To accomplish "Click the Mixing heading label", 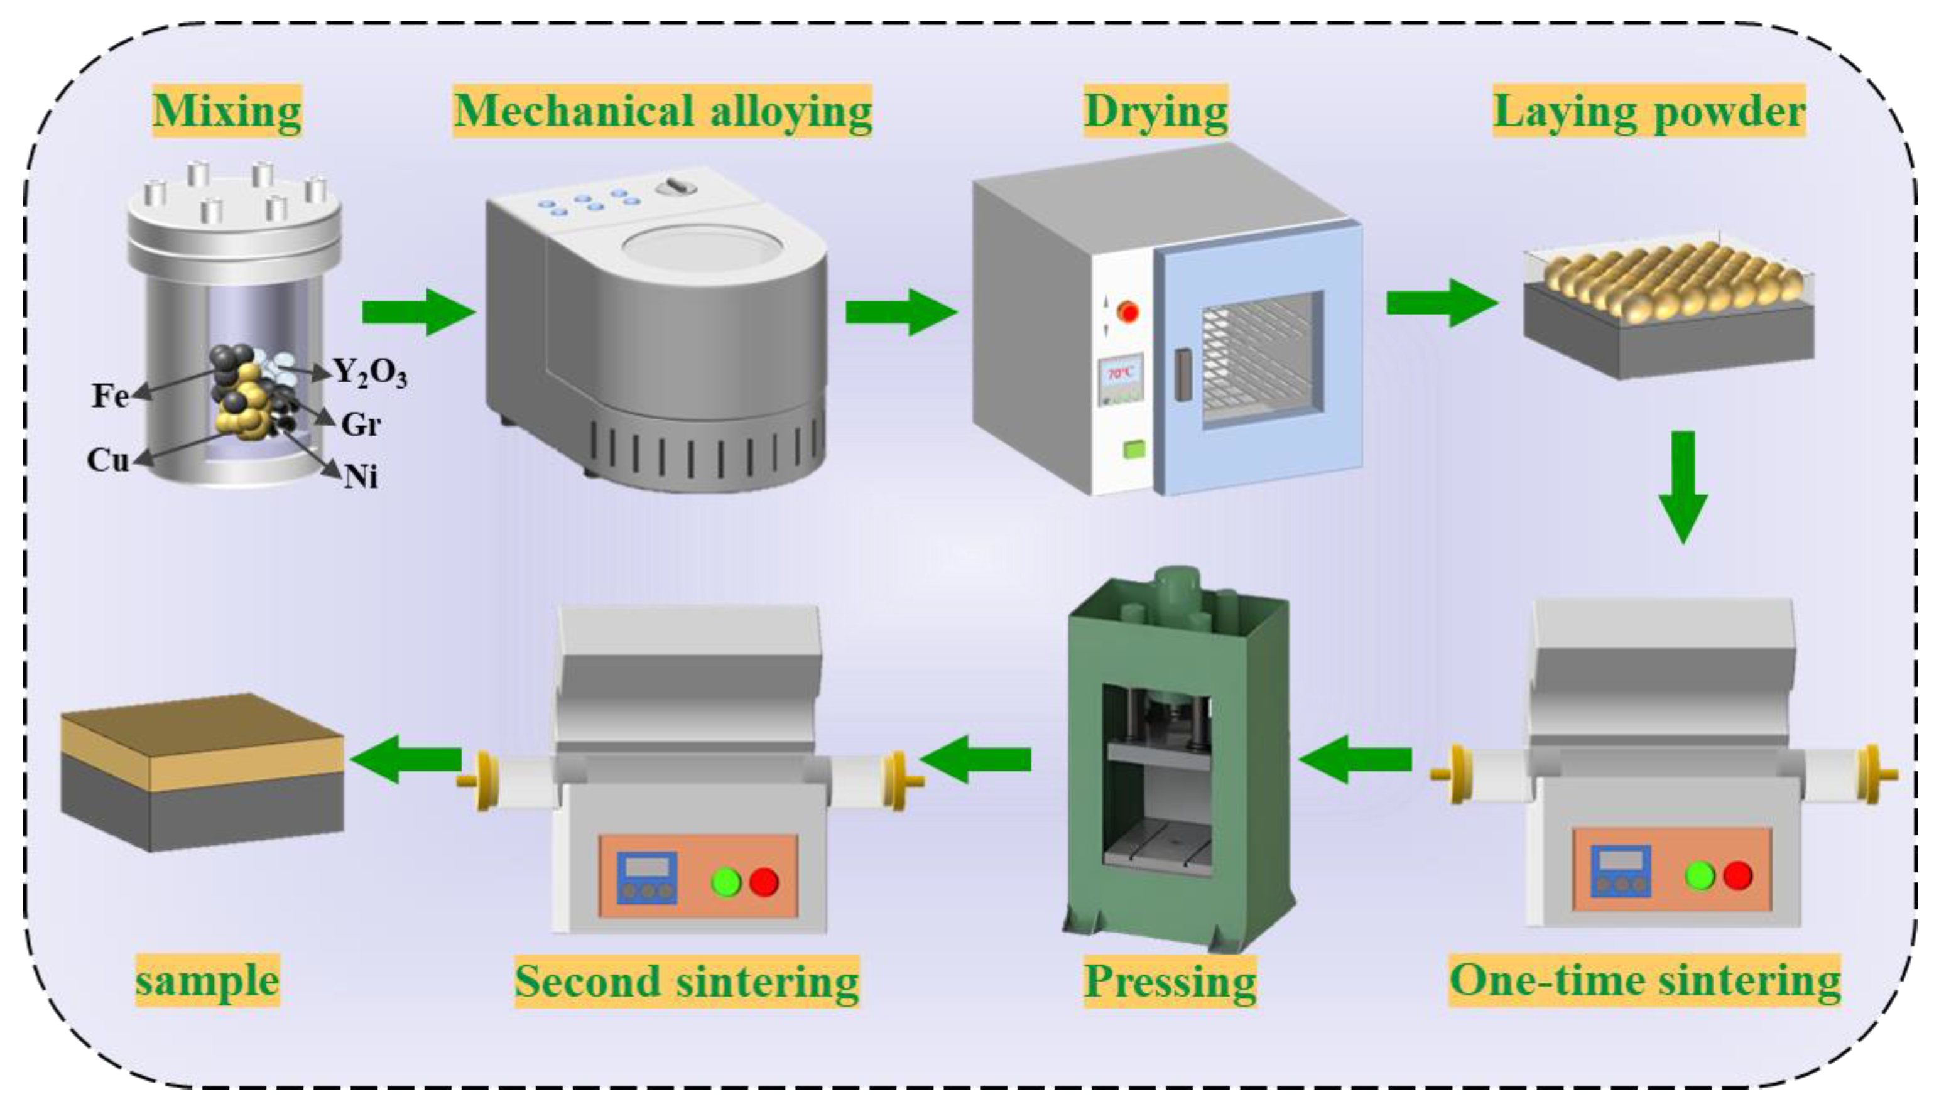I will (227, 111).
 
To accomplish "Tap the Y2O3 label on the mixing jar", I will (371, 372).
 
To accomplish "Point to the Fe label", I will (110, 396).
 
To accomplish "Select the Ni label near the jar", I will (361, 477).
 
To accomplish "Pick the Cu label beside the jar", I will (107, 460).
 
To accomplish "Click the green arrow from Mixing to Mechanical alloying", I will (418, 311).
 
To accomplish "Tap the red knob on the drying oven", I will (1127, 311).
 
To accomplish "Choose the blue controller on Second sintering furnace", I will (646, 877).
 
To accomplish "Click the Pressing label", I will (1170, 981).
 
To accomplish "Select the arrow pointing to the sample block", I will (406, 759).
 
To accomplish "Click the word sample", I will (207, 980).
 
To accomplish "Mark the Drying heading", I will (1156, 111).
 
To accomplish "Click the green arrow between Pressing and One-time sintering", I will (1355, 759).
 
